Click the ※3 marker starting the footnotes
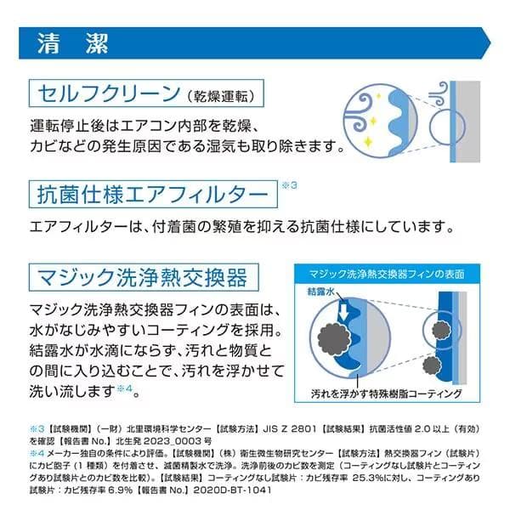pyautogui.click(x=36, y=429)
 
